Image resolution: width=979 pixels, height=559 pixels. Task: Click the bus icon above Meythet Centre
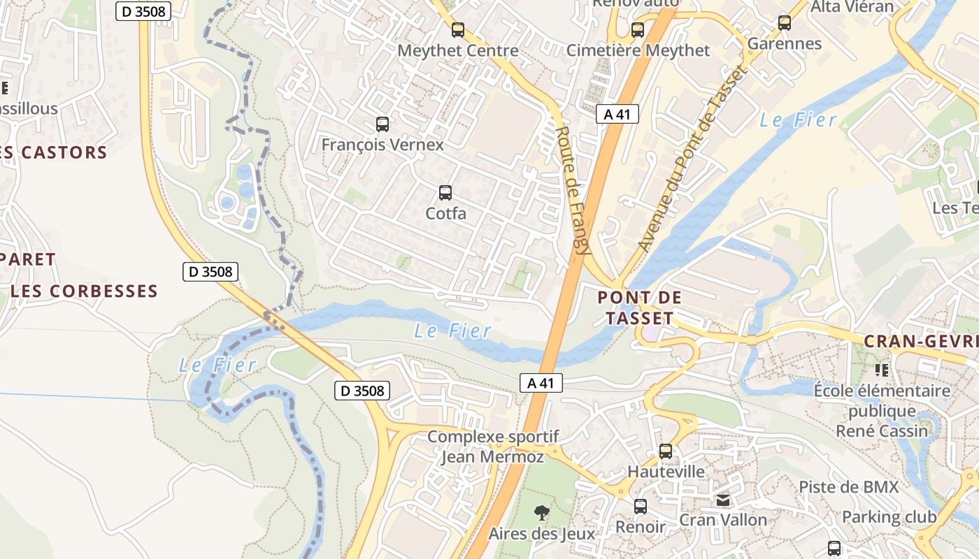[x=458, y=30]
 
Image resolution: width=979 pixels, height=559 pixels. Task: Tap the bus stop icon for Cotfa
[x=445, y=193]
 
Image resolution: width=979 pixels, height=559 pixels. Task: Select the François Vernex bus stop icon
[x=383, y=124]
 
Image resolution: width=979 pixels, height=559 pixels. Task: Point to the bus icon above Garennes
[x=785, y=23]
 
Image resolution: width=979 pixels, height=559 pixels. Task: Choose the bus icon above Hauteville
[x=666, y=451]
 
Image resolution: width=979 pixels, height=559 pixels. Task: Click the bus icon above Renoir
[x=641, y=507]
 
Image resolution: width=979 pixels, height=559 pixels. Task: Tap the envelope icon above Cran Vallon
[x=723, y=500]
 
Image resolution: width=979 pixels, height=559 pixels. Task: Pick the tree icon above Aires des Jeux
[x=541, y=514]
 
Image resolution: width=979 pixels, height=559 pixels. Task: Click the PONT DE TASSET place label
[x=639, y=308]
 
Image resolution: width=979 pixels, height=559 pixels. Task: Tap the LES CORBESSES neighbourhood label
[x=85, y=291]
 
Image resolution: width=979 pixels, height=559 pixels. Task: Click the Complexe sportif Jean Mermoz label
[x=493, y=447]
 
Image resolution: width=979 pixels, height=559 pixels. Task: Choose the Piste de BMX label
[x=848, y=486]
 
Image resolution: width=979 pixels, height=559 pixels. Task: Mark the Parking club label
[x=889, y=517]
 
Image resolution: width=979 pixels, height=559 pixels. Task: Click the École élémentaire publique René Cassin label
[x=882, y=410]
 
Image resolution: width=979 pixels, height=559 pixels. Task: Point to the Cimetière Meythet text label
[x=638, y=50]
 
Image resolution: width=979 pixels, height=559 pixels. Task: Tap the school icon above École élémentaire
[x=882, y=370]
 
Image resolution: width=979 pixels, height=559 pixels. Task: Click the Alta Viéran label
[x=852, y=7]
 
